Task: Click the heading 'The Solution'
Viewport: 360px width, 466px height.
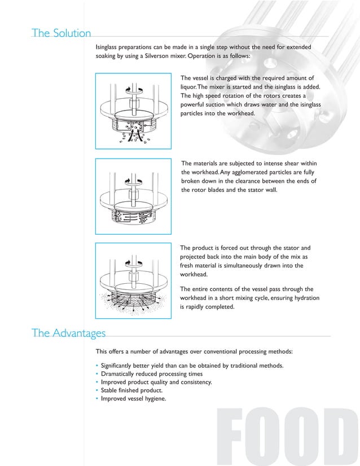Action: pos(62,33)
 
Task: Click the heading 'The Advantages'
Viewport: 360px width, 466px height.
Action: pos(68,333)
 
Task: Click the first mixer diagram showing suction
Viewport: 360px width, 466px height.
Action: pos(133,111)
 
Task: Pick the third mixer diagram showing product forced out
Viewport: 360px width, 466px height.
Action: pos(133,280)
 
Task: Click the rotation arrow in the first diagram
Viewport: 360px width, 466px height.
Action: pos(133,90)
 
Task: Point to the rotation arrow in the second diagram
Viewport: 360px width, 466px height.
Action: pos(133,181)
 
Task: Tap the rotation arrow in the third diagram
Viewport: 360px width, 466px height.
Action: pos(133,262)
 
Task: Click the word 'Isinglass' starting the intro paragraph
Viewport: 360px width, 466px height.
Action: pos(110,47)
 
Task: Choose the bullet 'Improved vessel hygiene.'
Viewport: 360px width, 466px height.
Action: pos(133,398)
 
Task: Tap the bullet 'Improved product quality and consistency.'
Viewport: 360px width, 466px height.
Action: pos(156,382)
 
